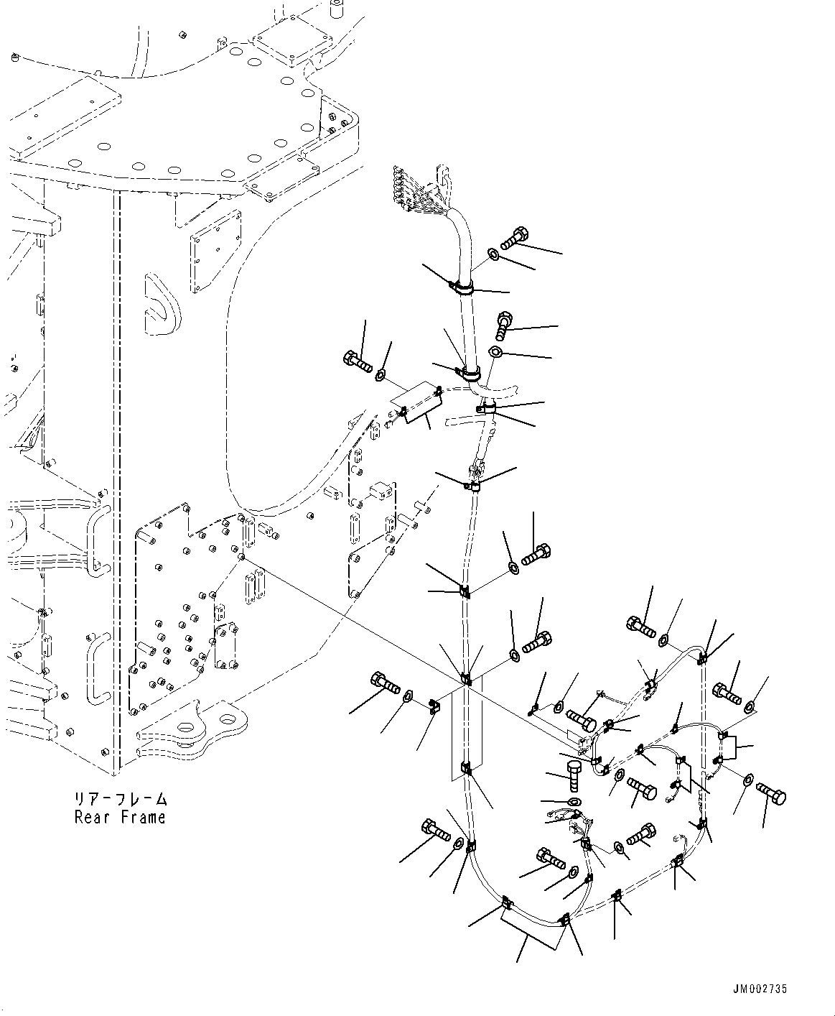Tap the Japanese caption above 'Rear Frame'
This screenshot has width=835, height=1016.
(x=120, y=799)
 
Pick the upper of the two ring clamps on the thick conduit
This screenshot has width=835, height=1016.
(x=461, y=289)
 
